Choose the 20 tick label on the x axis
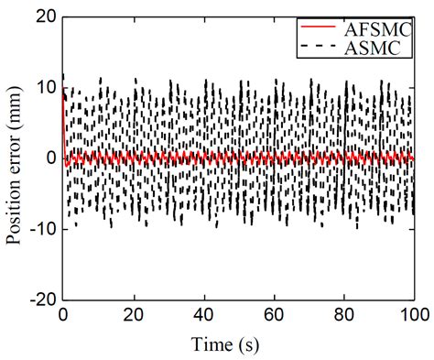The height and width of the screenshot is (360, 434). click(134, 313)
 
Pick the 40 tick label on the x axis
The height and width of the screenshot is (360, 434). click(204, 313)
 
